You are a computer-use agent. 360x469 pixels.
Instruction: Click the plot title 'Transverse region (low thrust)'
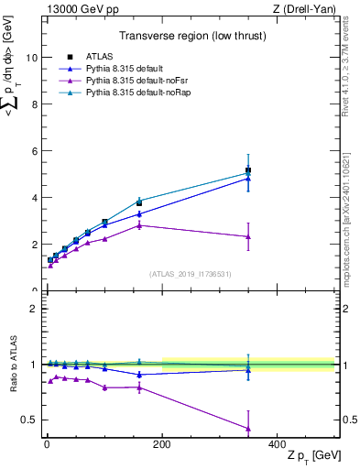[x=191, y=38]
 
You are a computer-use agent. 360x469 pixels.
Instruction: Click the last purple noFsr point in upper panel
[x=248, y=236]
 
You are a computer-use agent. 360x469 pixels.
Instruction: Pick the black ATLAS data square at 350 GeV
[x=248, y=170]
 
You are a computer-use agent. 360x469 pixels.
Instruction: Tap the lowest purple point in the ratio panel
[x=248, y=428]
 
